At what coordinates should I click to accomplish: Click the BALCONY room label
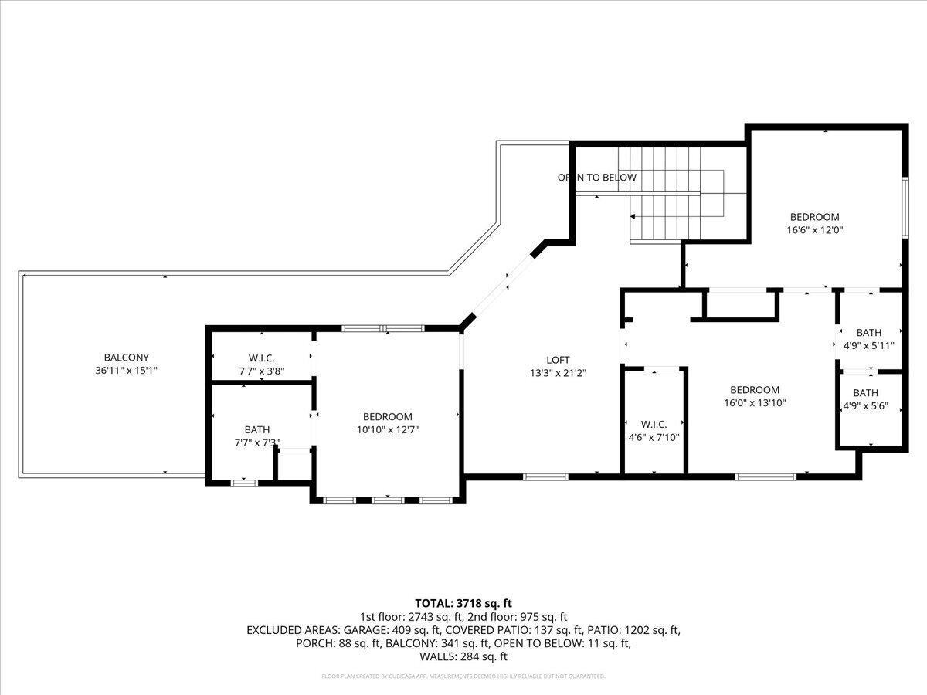[126, 358]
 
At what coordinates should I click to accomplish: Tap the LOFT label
[558, 360]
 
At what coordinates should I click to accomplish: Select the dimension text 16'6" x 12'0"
[813, 230]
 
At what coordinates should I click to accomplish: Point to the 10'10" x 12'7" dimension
[388, 429]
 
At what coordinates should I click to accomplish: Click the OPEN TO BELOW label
[597, 178]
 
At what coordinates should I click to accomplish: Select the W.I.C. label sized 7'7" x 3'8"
[261, 358]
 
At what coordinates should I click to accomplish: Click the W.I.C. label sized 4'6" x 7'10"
[654, 424]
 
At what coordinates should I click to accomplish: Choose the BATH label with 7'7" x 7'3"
[256, 429]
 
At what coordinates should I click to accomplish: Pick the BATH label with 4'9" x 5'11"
[868, 333]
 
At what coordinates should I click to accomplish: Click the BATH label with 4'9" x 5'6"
[865, 392]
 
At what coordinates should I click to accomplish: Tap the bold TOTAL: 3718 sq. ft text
[463, 603]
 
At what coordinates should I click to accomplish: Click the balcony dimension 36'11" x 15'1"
[126, 371]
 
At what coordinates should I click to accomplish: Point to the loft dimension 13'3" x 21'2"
[558, 373]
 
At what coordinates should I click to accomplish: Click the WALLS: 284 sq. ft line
[463, 656]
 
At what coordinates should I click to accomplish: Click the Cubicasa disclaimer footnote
[463, 676]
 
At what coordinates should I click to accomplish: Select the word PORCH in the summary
[314, 643]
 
